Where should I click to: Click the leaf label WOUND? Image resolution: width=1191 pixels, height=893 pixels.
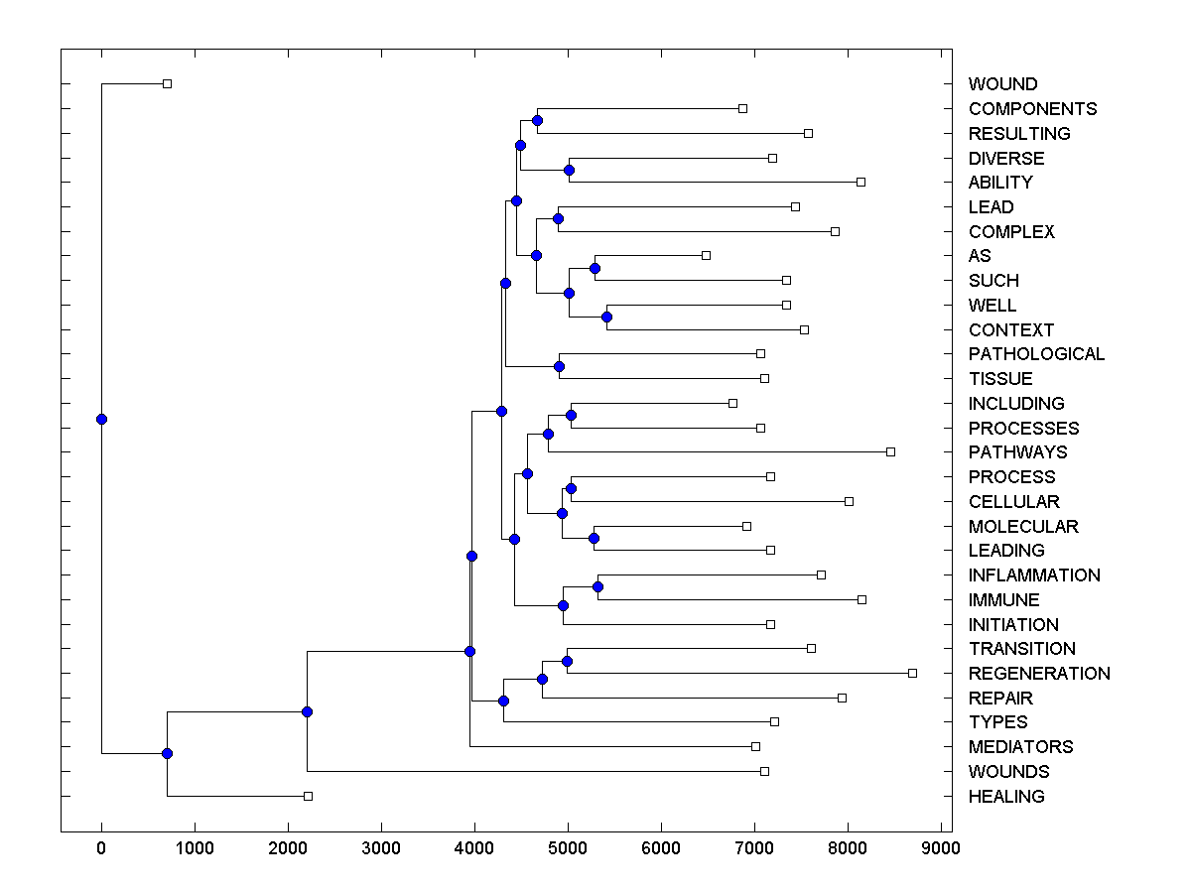click(1002, 84)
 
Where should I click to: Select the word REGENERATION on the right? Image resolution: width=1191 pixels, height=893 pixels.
click(1039, 674)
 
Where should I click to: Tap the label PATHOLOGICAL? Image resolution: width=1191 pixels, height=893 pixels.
click(1036, 354)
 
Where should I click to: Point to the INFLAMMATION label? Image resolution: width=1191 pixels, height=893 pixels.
click(1034, 575)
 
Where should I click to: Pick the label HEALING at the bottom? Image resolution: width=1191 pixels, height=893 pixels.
click(1006, 797)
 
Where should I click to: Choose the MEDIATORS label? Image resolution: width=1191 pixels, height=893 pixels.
click(1020, 747)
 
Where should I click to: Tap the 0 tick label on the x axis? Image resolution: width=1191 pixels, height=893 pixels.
click(101, 847)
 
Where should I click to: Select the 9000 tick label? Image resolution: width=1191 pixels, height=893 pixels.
click(941, 847)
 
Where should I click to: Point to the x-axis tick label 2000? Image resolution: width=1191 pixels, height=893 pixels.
click(288, 847)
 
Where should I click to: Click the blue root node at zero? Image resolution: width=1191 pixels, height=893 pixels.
click(101, 419)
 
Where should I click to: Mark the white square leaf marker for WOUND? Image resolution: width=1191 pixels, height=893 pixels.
click(167, 83)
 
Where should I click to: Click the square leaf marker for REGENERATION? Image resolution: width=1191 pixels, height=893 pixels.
click(912, 673)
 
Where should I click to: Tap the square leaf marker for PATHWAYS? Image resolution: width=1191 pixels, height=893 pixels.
click(890, 451)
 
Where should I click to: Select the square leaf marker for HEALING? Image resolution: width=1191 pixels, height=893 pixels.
click(308, 796)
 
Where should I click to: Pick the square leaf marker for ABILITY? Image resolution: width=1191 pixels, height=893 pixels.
click(860, 182)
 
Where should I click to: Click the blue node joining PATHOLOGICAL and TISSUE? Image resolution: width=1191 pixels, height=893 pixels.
click(559, 366)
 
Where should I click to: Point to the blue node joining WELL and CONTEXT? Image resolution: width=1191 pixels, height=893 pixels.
click(606, 318)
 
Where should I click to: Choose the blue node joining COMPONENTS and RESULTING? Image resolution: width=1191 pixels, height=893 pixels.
click(537, 120)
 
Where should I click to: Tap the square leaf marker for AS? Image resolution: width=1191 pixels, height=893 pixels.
click(706, 255)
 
